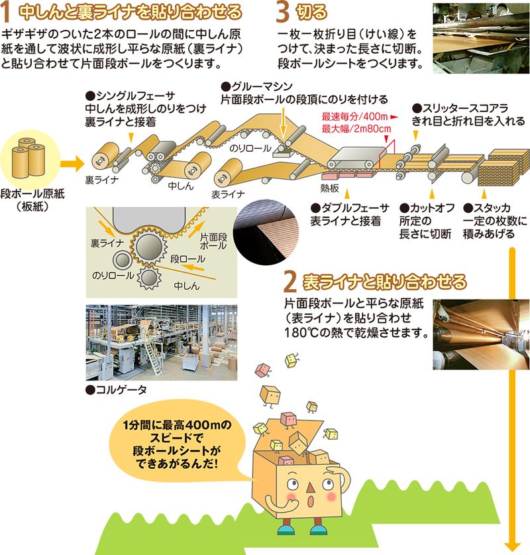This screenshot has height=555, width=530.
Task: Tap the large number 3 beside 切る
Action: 282,13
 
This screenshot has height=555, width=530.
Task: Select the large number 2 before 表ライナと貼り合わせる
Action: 290,282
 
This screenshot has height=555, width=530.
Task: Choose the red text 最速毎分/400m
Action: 355,117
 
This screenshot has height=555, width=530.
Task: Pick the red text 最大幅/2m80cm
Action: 356,129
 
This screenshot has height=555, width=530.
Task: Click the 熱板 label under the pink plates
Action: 329,188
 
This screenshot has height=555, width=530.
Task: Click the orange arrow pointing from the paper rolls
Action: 72,164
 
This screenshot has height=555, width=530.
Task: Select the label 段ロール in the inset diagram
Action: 187,259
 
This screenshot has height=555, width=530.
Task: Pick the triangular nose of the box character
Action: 310,488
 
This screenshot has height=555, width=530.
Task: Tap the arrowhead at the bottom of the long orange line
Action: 512,547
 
